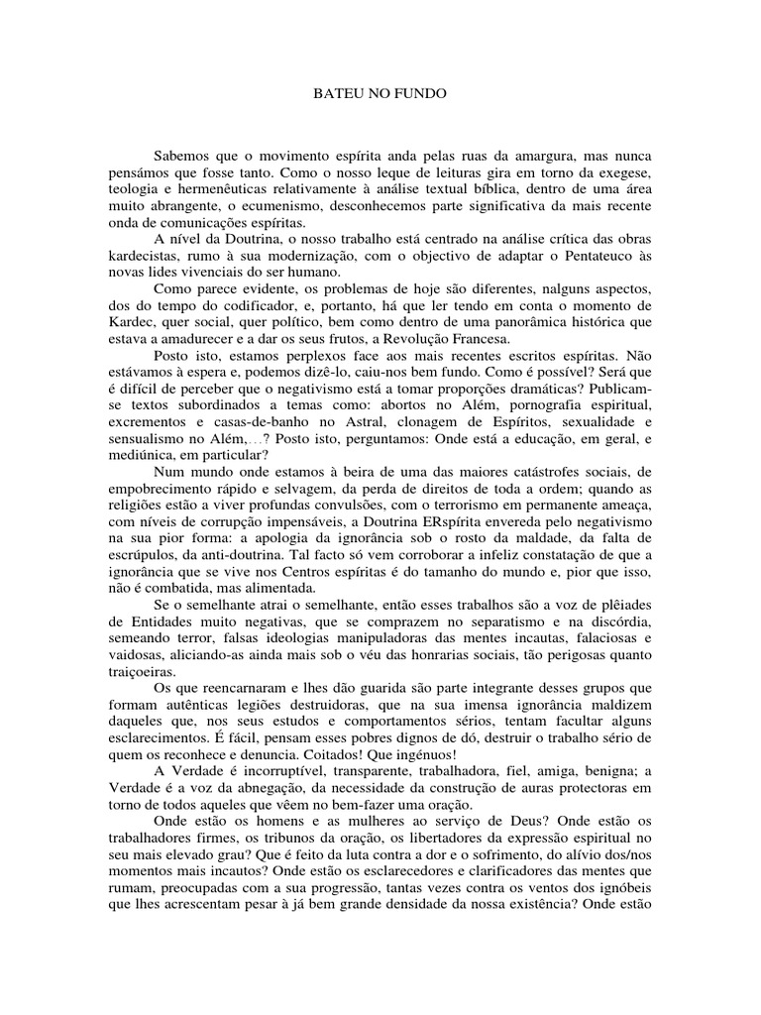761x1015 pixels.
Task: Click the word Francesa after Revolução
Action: pyautogui.click(x=426, y=338)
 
